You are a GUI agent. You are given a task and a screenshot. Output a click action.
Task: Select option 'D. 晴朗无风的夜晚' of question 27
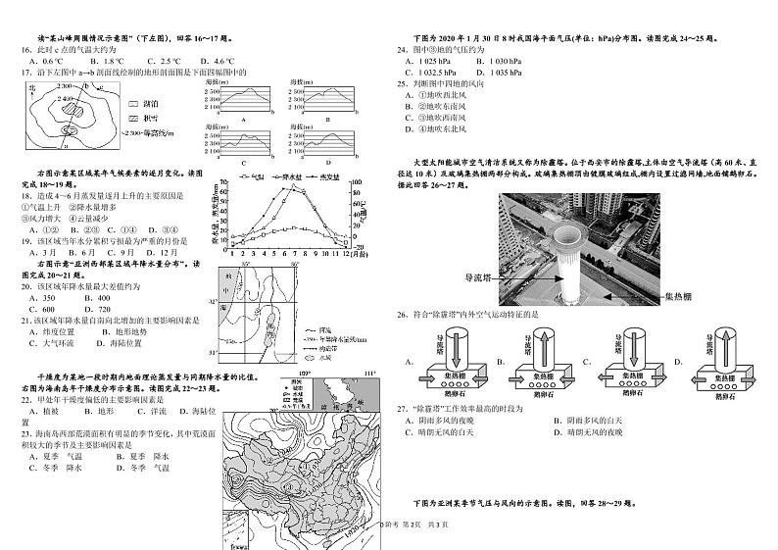click(608, 431)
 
